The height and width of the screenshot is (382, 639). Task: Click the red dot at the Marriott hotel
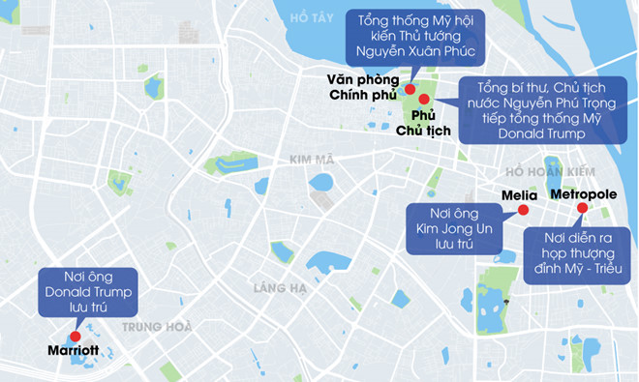75,336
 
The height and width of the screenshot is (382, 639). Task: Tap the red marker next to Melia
523,210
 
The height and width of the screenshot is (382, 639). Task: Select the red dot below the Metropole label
582,207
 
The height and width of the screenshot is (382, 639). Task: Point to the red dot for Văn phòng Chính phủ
410,89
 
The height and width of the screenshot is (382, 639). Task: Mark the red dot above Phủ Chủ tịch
424,99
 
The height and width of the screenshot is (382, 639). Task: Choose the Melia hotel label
519,195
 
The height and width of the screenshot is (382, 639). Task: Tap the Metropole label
583,194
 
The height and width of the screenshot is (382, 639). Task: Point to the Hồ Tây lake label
311,18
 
